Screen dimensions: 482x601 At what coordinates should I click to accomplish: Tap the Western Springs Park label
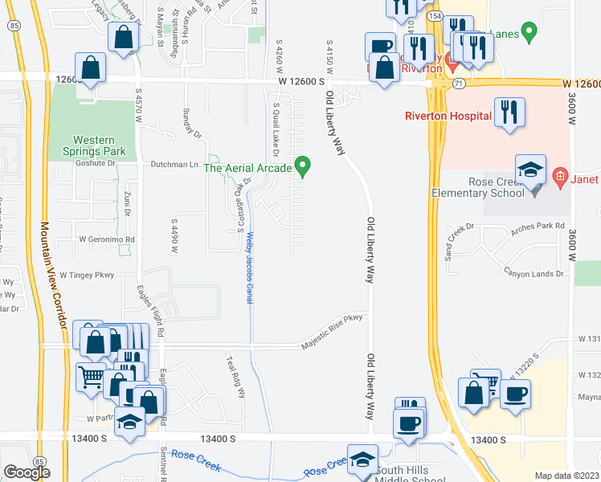click(x=88, y=145)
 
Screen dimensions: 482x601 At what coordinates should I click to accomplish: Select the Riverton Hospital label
click(x=448, y=116)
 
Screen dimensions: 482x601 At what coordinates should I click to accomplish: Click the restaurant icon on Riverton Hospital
click(x=509, y=111)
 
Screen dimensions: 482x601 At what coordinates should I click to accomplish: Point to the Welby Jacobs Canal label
click(x=250, y=268)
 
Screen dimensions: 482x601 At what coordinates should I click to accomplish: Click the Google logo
click(x=26, y=472)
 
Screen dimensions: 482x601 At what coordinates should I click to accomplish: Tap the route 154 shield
click(x=435, y=15)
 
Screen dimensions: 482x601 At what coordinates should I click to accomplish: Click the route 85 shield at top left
click(x=14, y=26)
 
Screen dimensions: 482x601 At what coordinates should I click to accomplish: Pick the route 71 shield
click(x=459, y=83)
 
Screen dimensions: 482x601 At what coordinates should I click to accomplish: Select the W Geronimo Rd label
click(x=106, y=239)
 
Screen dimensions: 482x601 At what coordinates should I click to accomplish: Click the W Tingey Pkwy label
click(x=88, y=276)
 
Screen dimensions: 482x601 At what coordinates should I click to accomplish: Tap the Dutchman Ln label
click(x=174, y=164)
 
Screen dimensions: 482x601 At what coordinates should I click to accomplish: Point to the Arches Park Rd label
click(x=538, y=227)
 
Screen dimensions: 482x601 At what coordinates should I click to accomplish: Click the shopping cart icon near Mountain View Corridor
click(x=91, y=376)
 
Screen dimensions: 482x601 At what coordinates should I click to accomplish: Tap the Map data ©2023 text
click(x=566, y=476)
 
